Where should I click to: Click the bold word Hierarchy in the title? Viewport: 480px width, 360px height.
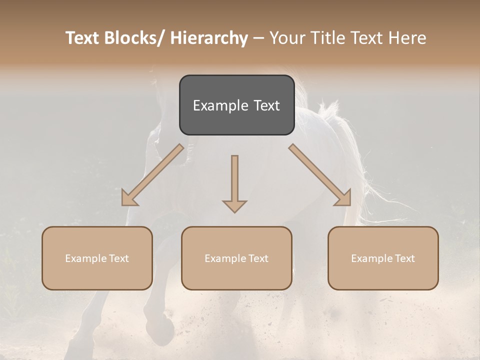click(209, 38)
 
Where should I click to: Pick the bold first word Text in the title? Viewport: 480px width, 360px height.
click(83, 38)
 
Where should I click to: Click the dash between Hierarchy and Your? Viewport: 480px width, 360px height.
click(258, 38)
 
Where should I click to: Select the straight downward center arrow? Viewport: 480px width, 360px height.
click(234, 180)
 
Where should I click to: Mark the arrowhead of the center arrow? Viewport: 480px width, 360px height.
click(234, 206)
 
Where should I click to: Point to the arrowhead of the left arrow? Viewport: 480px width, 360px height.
click(128, 198)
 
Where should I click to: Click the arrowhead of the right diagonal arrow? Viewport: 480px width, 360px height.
click(344, 198)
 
